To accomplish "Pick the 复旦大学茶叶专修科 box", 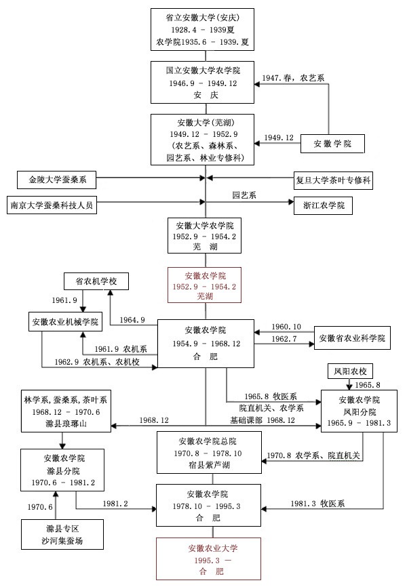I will point(333,180).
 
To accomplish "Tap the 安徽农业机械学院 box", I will point(64,321).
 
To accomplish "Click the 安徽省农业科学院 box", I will point(352,337).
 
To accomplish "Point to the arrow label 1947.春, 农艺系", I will point(294,78).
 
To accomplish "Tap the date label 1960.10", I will point(286,326).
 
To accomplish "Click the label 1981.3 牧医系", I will point(319,503).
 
